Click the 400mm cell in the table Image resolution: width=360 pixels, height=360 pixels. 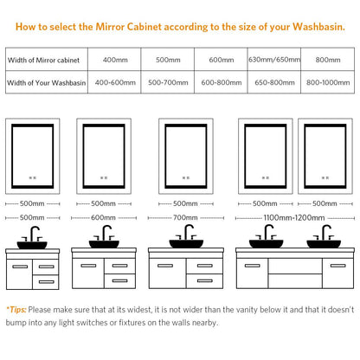click(115, 60)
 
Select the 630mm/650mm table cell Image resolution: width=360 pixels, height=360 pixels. click(274, 60)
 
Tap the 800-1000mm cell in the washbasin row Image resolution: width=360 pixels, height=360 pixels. click(328, 82)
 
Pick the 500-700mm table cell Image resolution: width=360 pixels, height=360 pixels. click(168, 82)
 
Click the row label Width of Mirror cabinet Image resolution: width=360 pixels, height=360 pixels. click(43, 60)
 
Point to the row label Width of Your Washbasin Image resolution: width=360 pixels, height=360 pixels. click(47, 83)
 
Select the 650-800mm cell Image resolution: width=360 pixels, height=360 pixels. click(274, 82)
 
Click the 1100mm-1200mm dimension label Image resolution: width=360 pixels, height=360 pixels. click(294, 218)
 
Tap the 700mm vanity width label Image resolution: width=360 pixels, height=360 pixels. click(185, 217)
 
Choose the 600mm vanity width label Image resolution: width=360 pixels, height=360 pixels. click(103, 217)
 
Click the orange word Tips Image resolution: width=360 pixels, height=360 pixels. click(17, 310)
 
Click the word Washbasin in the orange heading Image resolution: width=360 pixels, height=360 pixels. click(318, 27)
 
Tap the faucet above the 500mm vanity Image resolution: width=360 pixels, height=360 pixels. click(33, 234)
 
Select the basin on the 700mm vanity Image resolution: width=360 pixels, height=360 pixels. click(186, 244)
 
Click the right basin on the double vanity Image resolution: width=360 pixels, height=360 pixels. click(324, 244)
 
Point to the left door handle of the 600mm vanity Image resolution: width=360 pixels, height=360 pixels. click(88, 266)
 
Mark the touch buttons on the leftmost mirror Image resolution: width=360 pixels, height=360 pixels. click(33, 178)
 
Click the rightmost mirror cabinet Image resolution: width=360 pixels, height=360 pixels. click(325, 156)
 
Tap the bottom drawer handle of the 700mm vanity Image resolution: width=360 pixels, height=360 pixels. click(205, 280)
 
